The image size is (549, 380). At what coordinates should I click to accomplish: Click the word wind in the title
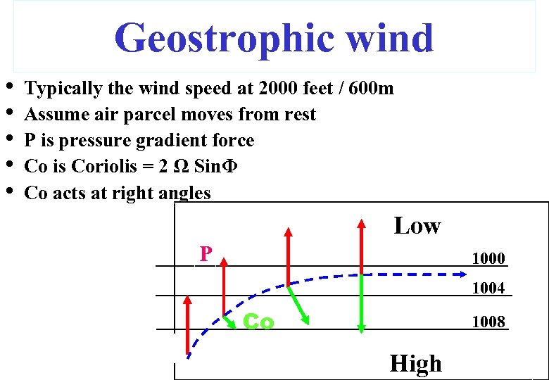tap(394, 39)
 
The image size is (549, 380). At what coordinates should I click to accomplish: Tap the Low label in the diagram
tap(417, 226)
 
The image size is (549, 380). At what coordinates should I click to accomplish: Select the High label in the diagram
tap(415, 364)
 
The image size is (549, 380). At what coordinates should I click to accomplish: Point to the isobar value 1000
tap(488, 258)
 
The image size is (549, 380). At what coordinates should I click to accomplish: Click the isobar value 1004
tap(488, 288)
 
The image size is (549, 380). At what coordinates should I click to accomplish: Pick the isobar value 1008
tap(488, 322)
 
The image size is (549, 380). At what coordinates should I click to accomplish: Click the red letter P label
tap(206, 254)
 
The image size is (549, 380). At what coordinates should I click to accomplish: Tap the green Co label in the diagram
tap(258, 322)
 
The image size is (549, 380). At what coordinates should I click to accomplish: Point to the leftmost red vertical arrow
tap(187, 324)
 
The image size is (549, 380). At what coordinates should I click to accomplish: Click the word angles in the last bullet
tap(185, 193)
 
